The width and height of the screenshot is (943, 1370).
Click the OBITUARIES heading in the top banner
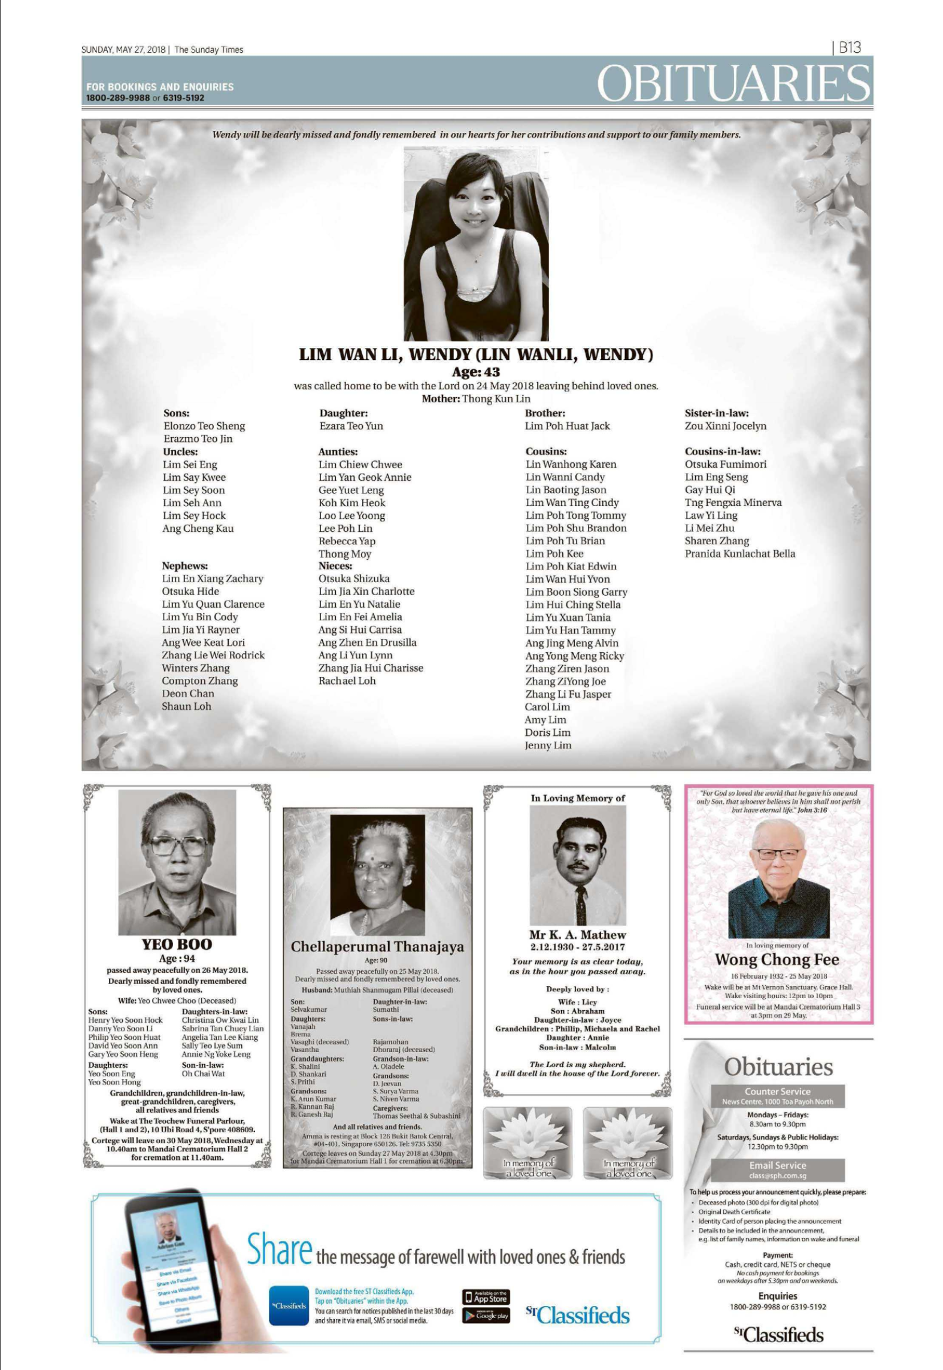pos(733,83)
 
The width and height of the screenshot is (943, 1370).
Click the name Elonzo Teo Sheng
pos(204,426)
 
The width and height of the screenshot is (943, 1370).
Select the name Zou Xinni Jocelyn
pos(725,426)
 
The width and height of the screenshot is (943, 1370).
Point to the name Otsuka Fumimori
pos(725,464)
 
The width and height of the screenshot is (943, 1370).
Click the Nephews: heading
pos(184,566)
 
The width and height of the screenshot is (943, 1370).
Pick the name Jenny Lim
pos(548,745)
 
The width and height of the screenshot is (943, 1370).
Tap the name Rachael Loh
pos(347,681)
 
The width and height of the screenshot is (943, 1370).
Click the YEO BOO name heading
pos(177,944)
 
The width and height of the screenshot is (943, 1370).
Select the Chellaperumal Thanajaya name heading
pos(377,947)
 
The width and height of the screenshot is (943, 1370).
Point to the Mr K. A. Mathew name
pos(577,935)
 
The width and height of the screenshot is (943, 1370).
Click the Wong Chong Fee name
pos(777,959)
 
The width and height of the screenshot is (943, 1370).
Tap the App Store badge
pos(486,1298)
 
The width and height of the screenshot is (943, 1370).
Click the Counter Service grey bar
pos(777,1092)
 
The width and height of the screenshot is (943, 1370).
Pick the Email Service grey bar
pos(777,1166)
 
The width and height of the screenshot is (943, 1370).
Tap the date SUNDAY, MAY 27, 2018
pos(125,50)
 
